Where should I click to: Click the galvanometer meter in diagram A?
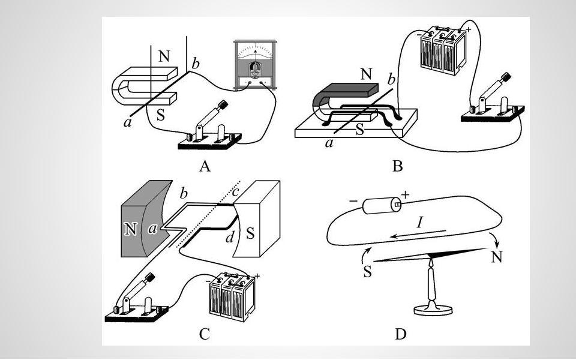coord(256,65)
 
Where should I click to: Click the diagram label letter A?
coord(205,166)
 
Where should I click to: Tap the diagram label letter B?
coord(397,166)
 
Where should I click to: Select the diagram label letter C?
coord(204,334)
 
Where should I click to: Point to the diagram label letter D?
coord(400,334)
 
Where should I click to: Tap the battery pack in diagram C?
coord(232,298)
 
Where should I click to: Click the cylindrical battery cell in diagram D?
coord(382,206)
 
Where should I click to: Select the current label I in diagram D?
coord(419,222)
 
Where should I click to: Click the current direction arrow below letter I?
coord(418,233)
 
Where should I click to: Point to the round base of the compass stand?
coord(433,310)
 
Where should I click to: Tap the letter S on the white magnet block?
coord(250,233)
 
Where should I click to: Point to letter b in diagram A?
coord(196,64)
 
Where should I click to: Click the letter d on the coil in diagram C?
coord(230,238)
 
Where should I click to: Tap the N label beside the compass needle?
coord(496,257)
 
